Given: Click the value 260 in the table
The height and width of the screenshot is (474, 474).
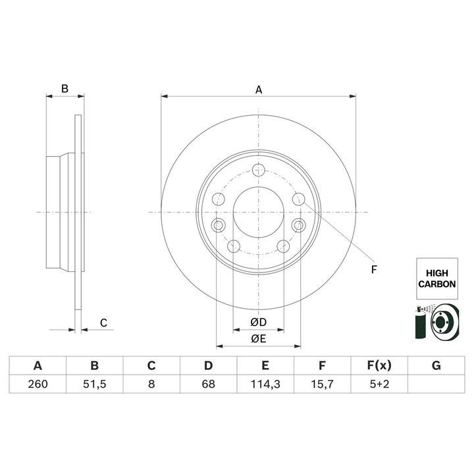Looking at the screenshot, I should (38, 384).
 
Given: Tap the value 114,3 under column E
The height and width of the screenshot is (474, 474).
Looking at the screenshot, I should (265, 384).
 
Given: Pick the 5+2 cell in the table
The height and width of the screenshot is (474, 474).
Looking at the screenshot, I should (379, 384).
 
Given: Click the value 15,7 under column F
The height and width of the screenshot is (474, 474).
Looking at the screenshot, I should (322, 384).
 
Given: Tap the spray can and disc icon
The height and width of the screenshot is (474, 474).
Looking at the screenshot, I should (435, 322).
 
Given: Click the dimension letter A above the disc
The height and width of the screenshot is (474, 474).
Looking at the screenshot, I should (259, 90).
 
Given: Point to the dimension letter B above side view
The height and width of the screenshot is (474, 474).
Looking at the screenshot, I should (65, 89).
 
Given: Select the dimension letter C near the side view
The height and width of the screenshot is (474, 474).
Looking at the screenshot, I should (103, 323).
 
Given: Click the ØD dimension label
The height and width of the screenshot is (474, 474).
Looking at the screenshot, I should (258, 323).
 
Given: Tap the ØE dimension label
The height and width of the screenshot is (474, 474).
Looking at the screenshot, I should (258, 339).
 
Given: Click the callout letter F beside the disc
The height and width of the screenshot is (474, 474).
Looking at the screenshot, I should (374, 269).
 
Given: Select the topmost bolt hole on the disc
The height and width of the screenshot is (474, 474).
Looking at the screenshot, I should (258, 169).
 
